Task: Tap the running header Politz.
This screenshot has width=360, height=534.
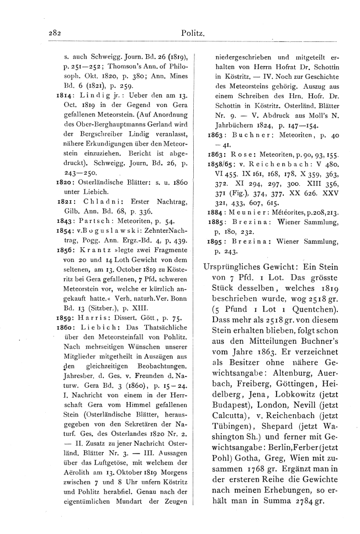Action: point(193,34)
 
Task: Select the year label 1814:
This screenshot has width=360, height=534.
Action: point(65,95)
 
